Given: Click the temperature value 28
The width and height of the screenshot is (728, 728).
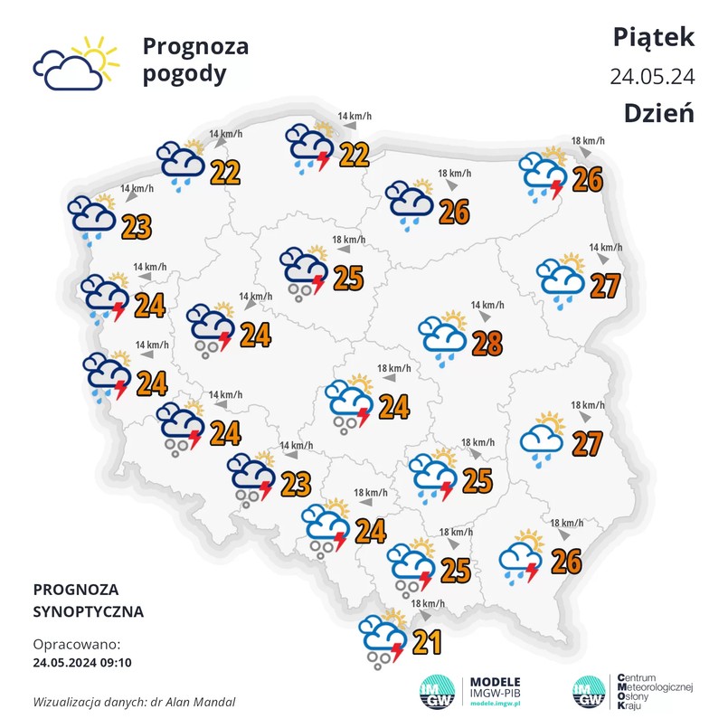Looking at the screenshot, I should [487, 344].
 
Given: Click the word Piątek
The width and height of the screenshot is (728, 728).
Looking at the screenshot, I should [653, 36].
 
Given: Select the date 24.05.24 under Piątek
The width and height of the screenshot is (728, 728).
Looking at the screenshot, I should [652, 76].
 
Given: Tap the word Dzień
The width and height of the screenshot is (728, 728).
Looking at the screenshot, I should [658, 114].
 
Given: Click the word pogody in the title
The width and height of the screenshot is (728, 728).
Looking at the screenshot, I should [184, 74].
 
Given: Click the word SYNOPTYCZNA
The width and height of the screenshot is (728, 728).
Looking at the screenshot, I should [88, 611].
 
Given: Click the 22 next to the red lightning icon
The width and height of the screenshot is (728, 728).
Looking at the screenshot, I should [354, 155].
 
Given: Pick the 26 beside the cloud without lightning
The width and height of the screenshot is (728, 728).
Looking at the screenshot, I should [454, 212].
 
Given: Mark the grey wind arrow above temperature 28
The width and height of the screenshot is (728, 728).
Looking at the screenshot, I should [485, 317].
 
